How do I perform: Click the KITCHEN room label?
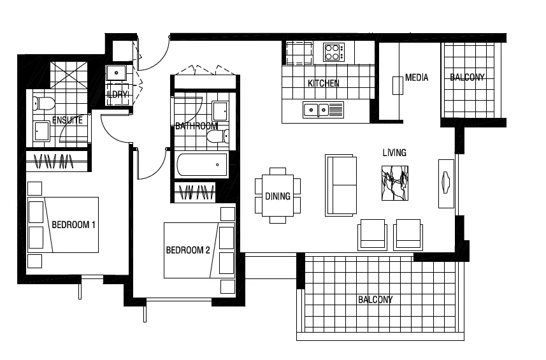324,83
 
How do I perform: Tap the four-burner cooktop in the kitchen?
333,52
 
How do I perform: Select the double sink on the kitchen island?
315,110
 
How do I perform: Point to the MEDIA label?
417,78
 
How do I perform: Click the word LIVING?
394,153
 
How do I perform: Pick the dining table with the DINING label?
278,196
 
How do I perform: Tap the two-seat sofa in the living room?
341,185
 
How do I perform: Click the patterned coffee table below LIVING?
394,184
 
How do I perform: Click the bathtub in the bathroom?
201,165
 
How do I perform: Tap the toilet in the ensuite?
43,103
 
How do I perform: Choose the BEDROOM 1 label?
73,225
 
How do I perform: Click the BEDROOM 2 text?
188,250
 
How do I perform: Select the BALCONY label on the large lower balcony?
375,299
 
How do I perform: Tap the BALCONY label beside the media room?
467,78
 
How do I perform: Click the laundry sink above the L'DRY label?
117,71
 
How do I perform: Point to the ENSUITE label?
68,120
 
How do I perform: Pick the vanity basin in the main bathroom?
221,110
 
